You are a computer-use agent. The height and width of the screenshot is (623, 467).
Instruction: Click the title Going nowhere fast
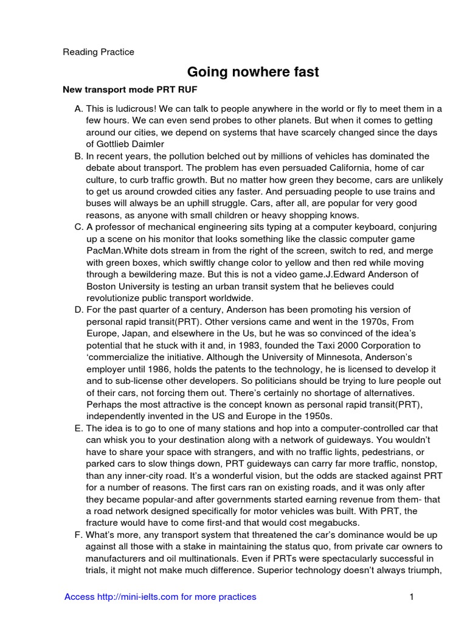(x=252, y=72)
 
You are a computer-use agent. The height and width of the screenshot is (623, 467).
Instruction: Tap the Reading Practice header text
(x=99, y=52)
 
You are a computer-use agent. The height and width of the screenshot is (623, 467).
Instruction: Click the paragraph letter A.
(x=78, y=109)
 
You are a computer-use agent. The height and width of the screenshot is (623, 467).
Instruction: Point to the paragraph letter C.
(x=78, y=227)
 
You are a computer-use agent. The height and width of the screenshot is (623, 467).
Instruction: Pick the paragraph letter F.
(x=78, y=535)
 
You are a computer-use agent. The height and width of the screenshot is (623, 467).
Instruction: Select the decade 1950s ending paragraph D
(x=319, y=416)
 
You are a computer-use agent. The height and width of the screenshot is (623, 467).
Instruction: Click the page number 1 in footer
(x=412, y=597)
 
